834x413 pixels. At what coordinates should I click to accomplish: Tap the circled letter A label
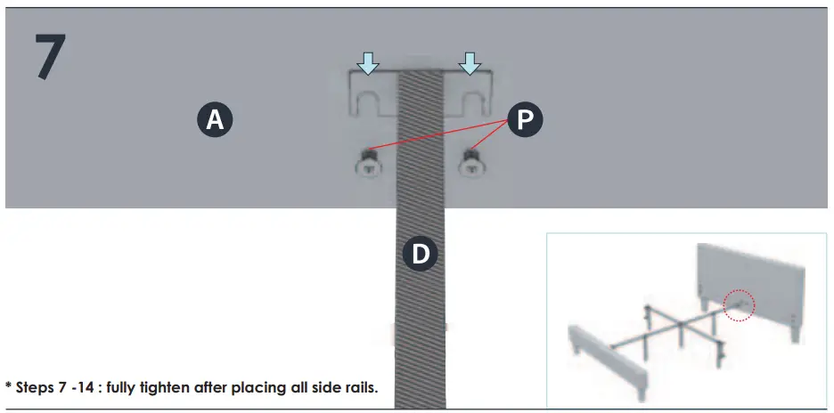215,119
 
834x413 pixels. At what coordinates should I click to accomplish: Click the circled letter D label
420,255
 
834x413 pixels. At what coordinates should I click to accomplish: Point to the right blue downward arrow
470,61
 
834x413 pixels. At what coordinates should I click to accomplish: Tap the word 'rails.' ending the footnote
358,388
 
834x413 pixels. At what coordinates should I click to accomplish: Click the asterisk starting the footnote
8,386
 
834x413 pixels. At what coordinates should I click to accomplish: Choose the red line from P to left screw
437,134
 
